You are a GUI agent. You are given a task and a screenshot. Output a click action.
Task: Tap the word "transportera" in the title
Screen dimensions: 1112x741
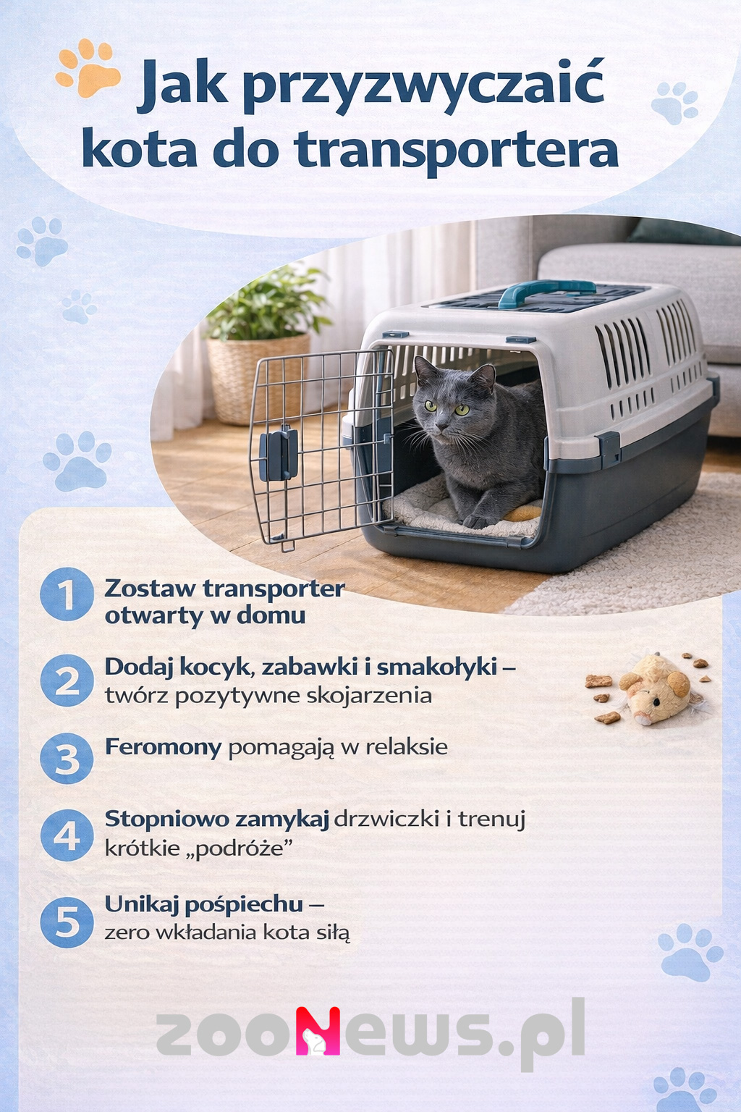point(457,151)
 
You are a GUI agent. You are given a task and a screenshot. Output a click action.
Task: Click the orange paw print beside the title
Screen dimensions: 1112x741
point(88,69)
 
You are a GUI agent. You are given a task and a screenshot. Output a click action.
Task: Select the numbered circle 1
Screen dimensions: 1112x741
point(67,594)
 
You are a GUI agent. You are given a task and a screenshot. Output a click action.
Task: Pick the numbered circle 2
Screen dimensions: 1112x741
point(67,681)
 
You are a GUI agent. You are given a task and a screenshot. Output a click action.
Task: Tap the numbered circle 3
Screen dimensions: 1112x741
point(67,759)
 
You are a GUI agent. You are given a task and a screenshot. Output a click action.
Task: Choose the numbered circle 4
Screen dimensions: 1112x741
point(67,835)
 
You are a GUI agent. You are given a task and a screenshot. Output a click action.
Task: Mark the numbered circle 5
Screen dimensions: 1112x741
point(67,922)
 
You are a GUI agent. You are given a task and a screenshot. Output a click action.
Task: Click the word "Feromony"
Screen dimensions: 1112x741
point(163,746)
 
